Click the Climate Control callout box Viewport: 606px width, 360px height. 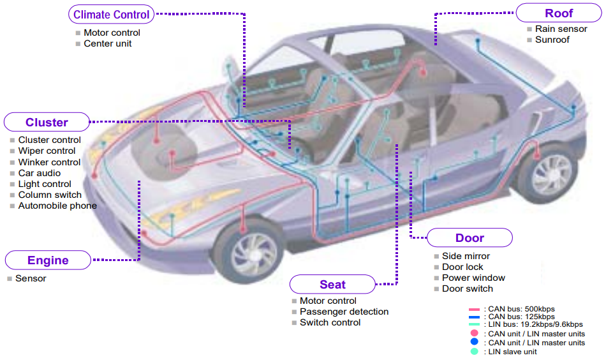[x=111, y=14]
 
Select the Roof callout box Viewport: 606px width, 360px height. [x=559, y=13]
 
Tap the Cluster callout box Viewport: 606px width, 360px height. [x=47, y=122]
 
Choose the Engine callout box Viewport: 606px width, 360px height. [x=48, y=260]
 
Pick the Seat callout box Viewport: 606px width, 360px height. [x=332, y=285]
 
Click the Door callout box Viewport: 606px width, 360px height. [x=469, y=238]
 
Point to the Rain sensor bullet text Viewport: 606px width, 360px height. [x=561, y=29]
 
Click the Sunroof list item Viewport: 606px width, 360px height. [x=552, y=40]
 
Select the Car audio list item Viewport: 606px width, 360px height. [x=40, y=173]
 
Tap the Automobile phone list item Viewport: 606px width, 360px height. [x=57, y=206]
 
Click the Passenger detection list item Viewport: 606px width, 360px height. [x=344, y=311]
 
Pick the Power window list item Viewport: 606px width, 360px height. [x=473, y=278]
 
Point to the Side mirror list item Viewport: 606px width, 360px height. [x=466, y=256]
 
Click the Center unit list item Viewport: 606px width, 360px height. [x=107, y=43]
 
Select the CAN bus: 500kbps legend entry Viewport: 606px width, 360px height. [x=512, y=309]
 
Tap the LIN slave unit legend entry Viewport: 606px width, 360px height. [x=503, y=352]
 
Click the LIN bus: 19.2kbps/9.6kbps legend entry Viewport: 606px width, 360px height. [x=526, y=324]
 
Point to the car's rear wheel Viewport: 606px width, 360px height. [x=549, y=174]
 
